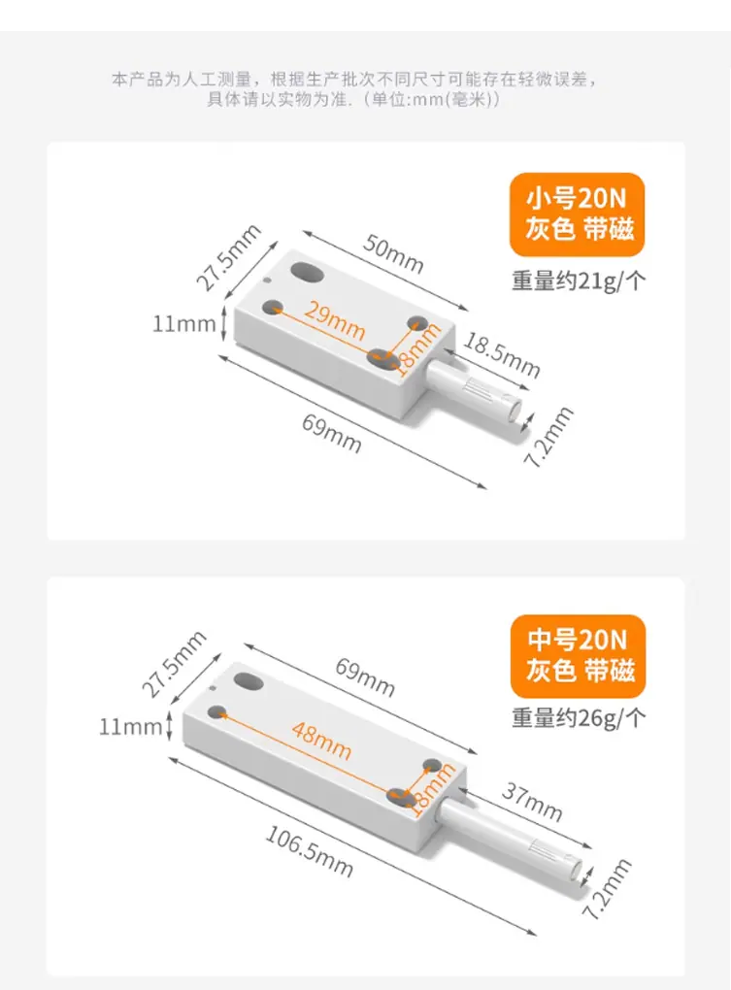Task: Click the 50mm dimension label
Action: tap(392, 254)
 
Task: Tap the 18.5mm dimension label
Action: tap(502, 355)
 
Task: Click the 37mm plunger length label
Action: tap(532, 802)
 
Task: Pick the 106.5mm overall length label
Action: tap(309, 852)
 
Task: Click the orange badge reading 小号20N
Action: tap(577, 214)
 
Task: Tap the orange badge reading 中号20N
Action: tap(578, 656)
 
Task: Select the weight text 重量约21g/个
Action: tap(579, 280)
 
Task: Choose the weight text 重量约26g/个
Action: tap(579, 718)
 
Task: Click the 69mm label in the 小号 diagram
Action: tap(331, 434)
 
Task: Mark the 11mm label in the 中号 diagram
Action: tap(131, 727)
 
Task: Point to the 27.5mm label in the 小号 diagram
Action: tap(228, 257)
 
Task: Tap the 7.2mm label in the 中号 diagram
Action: tap(606, 889)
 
